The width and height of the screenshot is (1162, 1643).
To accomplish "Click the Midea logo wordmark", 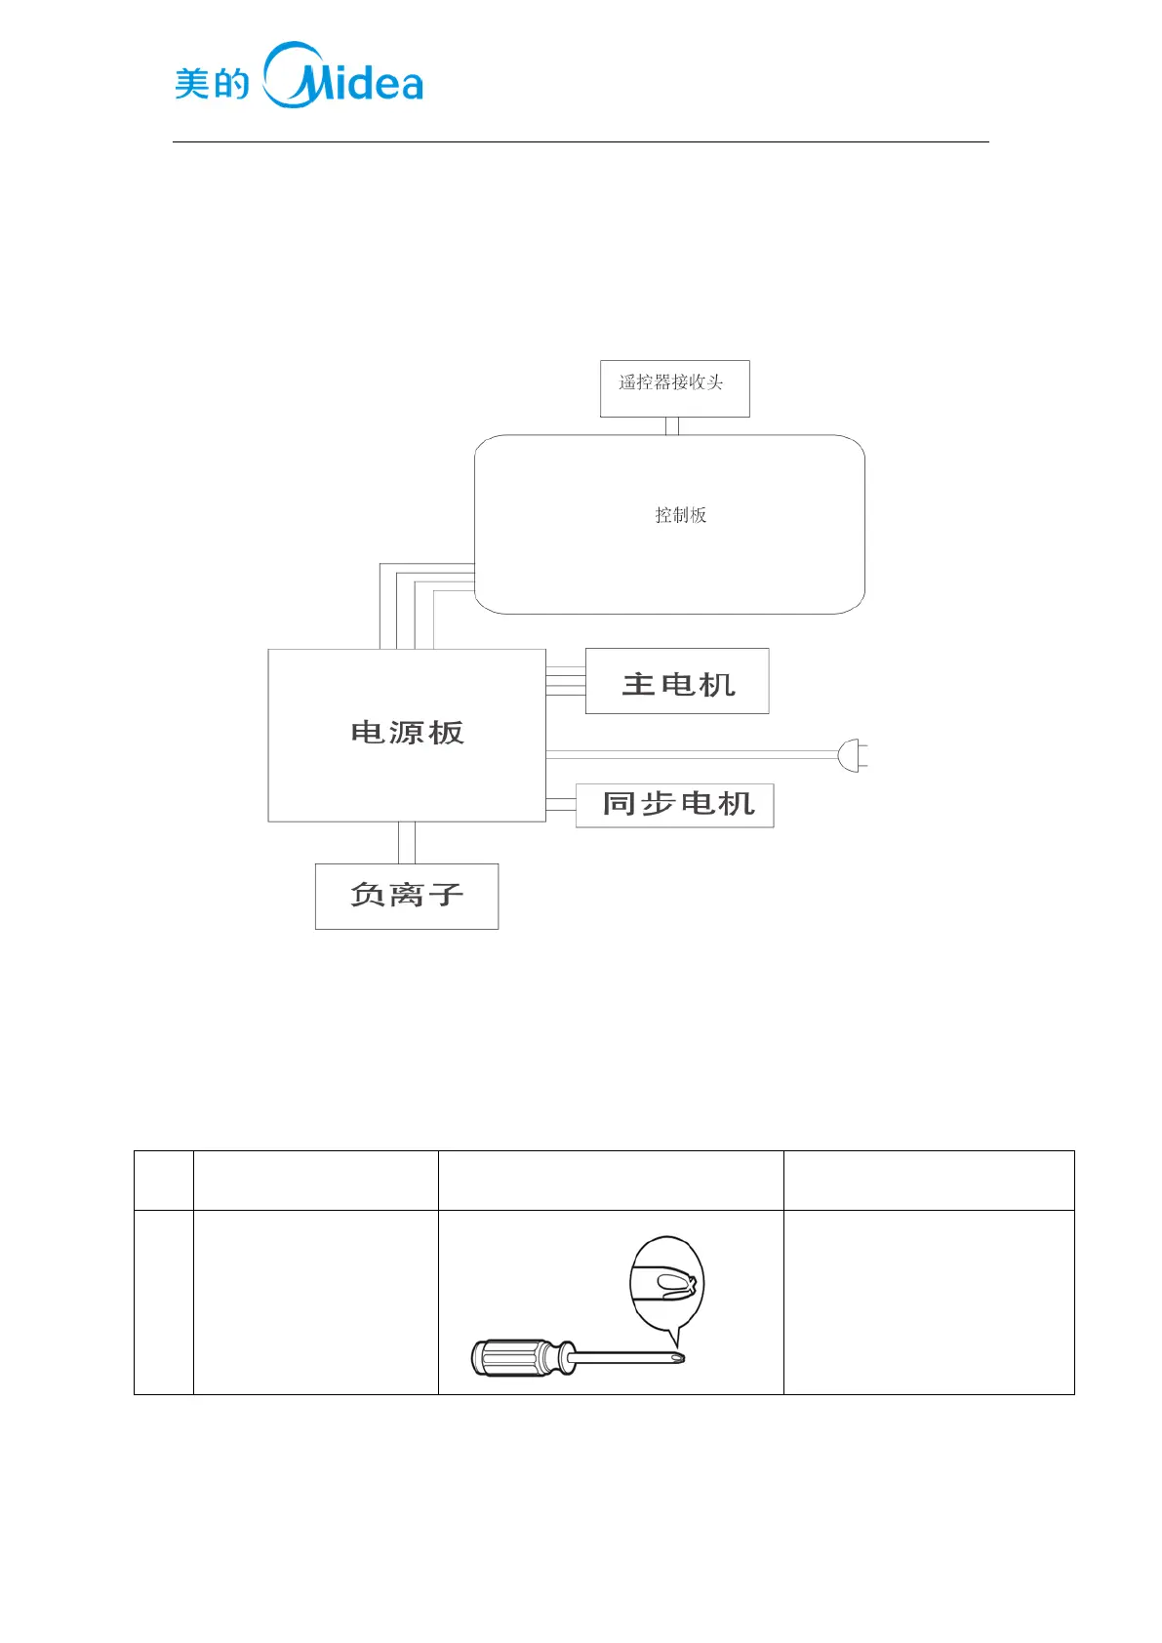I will (x=343, y=76).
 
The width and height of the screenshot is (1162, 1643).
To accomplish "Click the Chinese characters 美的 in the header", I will (x=212, y=84).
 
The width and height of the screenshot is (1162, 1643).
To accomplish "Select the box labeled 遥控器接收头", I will (x=674, y=388).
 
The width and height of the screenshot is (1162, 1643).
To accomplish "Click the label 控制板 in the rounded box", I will (x=680, y=515).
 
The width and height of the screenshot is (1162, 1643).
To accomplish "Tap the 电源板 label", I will (x=407, y=733).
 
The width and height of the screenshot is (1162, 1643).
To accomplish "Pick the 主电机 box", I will (x=677, y=682).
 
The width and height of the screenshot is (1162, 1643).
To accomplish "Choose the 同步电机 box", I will (x=675, y=805).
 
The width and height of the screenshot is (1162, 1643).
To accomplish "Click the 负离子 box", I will (x=407, y=896).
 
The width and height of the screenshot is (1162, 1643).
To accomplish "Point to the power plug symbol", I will (x=852, y=755).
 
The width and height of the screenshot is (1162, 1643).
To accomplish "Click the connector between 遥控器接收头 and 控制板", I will (x=671, y=426).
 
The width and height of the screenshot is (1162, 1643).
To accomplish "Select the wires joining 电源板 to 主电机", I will (x=566, y=681).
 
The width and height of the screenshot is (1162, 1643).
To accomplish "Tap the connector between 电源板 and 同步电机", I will (x=561, y=805).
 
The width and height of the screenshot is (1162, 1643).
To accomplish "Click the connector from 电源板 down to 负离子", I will (x=407, y=843).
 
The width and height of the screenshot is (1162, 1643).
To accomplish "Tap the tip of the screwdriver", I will (x=680, y=1357).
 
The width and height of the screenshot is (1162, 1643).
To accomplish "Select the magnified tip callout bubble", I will (x=666, y=1282).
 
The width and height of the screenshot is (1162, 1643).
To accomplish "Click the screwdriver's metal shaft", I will (x=624, y=1356).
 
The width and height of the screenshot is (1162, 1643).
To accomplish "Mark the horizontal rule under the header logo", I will (x=581, y=142).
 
